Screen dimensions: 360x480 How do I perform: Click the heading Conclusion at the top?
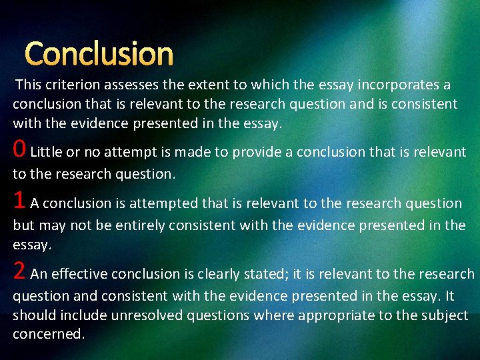(x=99, y=54)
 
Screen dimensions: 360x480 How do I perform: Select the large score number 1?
(x=20, y=201)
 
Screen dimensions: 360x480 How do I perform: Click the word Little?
(x=47, y=153)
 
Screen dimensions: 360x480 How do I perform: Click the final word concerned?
(x=49, y=335)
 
